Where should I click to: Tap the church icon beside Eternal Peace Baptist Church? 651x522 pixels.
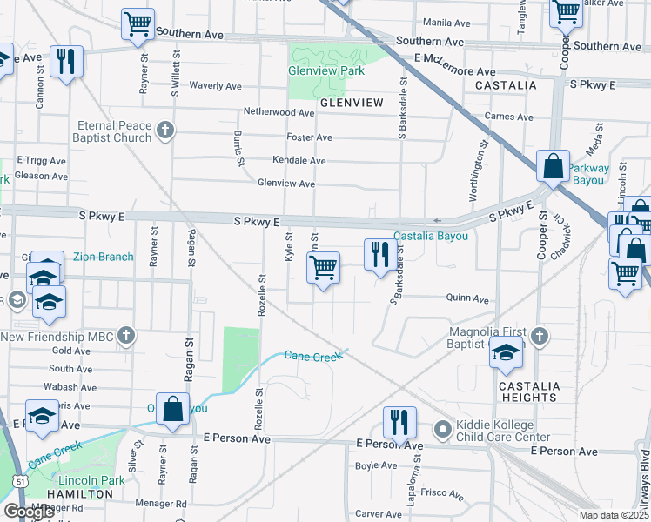click(164, 131)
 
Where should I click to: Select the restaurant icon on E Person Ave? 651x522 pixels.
click(398, 423)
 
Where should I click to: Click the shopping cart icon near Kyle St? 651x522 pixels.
click(323, 267)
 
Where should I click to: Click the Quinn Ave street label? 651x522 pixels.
click(467, 298)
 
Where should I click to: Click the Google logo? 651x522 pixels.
click(30, 512)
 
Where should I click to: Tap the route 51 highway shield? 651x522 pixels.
click(18, 479)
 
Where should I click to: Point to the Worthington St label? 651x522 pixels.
click(478, 170)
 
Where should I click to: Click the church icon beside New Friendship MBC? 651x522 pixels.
click(126, 336)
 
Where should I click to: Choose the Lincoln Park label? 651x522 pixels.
click(91, 480)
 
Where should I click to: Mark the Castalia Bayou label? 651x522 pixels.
click(431, 236)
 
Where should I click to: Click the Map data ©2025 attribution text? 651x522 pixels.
click(614, 515)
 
